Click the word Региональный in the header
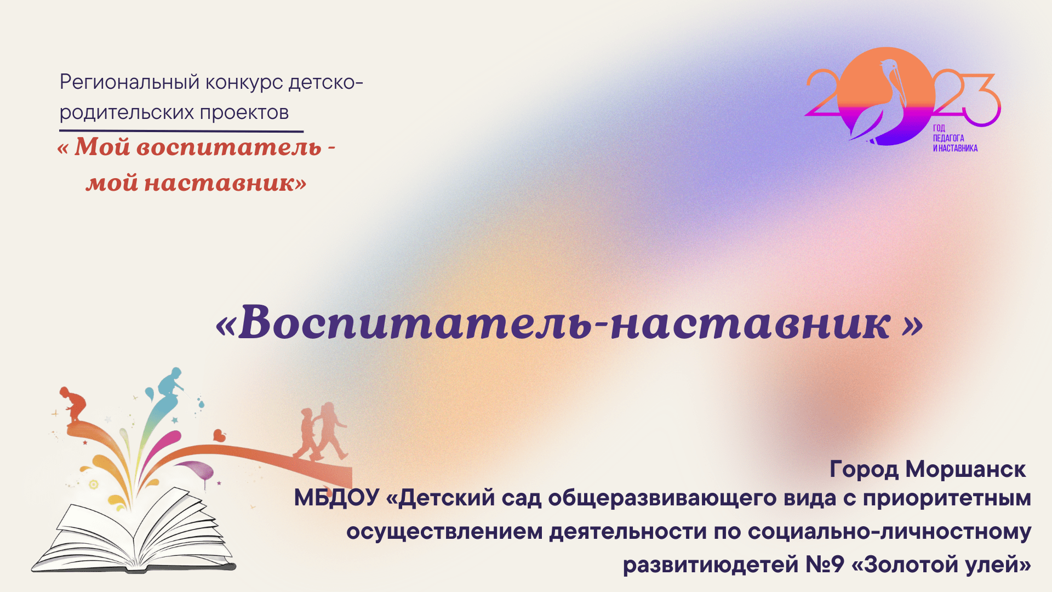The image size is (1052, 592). (x=129, y=83)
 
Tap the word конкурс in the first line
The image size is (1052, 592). (x=244, y=83)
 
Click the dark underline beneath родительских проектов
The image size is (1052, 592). (x=181, y=132)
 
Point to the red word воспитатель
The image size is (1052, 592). (x=228, y=147)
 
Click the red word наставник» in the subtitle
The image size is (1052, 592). (x=225, y=183)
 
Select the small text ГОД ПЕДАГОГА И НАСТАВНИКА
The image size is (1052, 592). (x=954, y=138)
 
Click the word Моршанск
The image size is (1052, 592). (x=965, y=469)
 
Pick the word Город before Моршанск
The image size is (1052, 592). (x=864, y=469)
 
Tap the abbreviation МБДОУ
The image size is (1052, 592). (x=336, y=498)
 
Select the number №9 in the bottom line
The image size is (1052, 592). (x=825, y=565)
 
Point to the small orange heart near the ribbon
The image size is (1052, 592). (x=219, y=436)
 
